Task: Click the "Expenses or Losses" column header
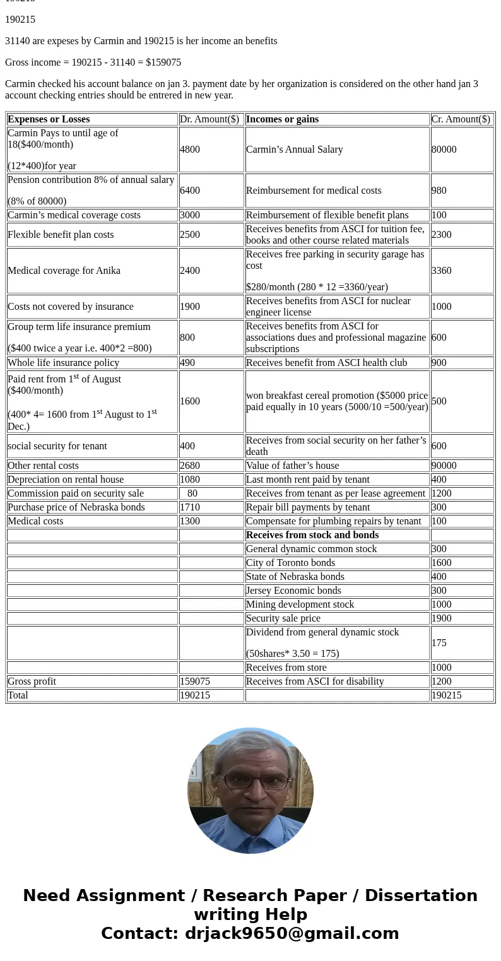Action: point(49,119)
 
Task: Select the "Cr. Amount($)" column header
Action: point(461,119)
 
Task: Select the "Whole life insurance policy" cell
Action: point(63,363)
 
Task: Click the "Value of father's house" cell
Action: point(292,466)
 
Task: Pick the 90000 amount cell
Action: point(444,466)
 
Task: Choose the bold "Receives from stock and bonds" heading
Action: point(312,535)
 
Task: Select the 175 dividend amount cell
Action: point(439,643)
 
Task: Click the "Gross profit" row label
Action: point(32,681)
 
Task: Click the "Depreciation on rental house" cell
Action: point(66,480)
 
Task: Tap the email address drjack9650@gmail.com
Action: point(292,934)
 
